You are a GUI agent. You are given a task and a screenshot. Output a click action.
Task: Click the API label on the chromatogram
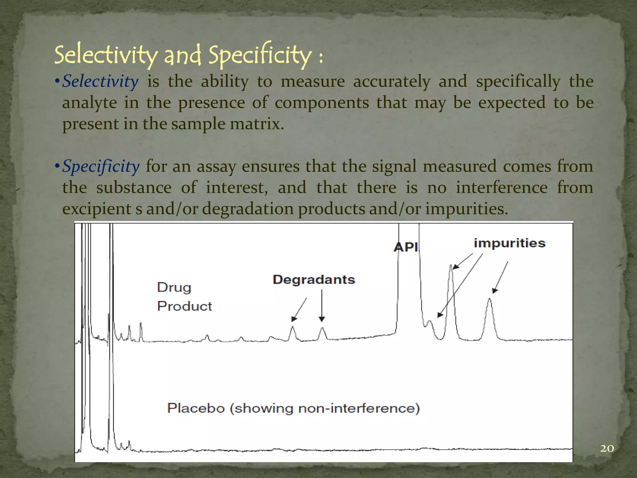coord(406,247)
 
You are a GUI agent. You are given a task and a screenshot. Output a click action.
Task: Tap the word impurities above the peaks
coord(509,243)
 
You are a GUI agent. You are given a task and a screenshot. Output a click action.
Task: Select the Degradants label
coord(314,279)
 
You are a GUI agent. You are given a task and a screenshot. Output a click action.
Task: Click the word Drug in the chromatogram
coord(174,288)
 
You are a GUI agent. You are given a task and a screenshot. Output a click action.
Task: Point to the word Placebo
coord(196,408)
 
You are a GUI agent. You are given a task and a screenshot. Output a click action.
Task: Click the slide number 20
coord(607,448)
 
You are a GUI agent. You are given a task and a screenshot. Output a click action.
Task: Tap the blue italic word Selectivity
coord(100,82)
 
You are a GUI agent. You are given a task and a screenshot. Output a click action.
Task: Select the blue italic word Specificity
coord(101,166)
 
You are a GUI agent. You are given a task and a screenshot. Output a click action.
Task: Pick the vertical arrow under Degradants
coord(322,305)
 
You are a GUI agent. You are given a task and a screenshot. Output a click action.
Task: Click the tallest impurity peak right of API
coord(451,268)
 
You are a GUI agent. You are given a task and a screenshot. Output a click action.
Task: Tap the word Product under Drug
coord(184,307)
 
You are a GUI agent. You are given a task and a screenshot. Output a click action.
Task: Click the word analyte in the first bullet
coord(89,103)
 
